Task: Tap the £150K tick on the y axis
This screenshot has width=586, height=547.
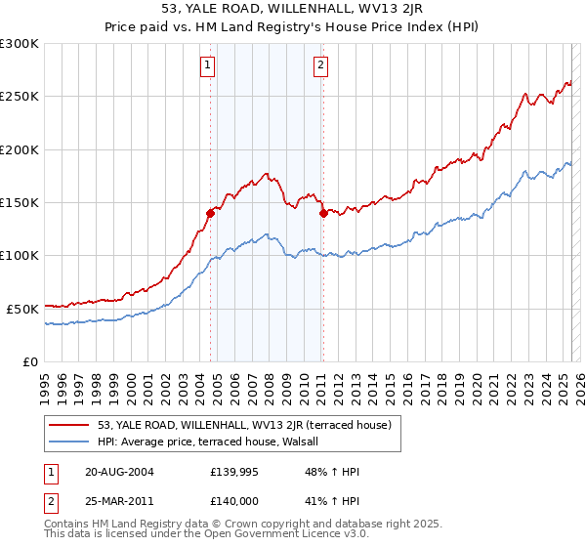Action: (20, 202)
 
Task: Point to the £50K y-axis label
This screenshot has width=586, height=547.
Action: (22, 308)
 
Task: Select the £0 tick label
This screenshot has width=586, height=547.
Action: (31, 360)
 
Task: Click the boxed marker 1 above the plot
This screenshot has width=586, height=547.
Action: (208, 65)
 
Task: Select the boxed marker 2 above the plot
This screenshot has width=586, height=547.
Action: (320, 65)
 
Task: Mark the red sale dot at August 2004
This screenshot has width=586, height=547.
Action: (210, 212)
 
